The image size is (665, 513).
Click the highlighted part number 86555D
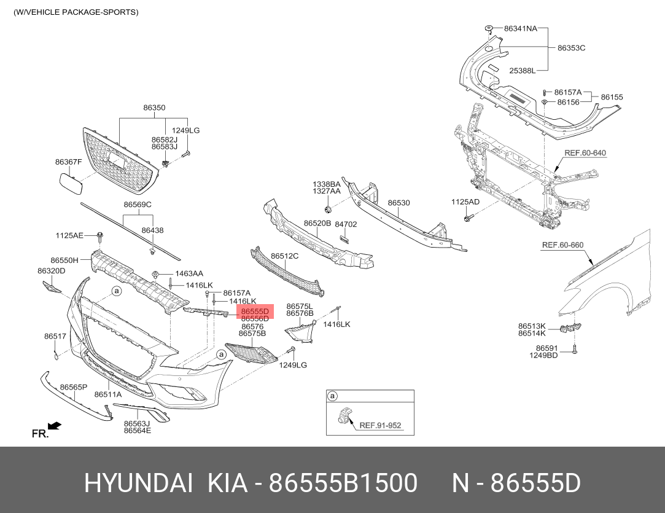255,311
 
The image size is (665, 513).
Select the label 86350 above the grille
154,108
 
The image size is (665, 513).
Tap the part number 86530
399,203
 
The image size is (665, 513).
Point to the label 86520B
317,223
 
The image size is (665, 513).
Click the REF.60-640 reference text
585,153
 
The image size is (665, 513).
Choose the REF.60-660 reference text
562,245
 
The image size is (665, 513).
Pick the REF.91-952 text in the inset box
379,425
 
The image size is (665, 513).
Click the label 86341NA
520,28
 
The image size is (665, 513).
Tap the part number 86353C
571,47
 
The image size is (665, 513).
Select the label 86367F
68,162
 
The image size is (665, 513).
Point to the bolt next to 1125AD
469,217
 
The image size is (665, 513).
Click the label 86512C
285,256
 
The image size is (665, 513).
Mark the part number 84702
346,224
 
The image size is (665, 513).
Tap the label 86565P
74,387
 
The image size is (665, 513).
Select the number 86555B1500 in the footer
345,484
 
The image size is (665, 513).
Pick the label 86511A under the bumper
107,394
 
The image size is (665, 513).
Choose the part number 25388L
523,71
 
